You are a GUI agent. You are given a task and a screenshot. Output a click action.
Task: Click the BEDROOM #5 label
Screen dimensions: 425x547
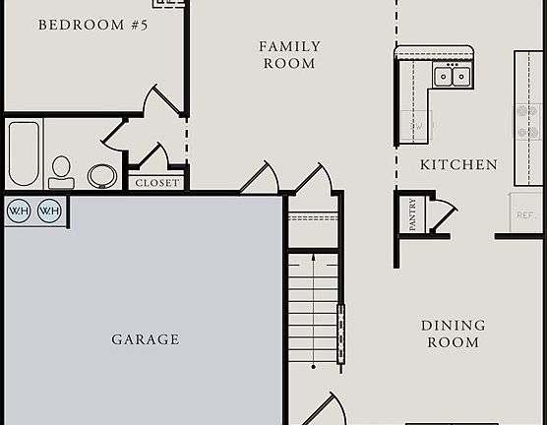tap(92, 25)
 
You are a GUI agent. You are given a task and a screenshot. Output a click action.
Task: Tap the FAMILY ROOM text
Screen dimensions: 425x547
tap(288, 55)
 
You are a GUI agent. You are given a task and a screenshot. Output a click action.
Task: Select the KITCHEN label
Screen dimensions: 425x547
tap(458, 165)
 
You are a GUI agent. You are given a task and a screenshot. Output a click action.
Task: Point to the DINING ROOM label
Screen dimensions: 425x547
tap(453, 334)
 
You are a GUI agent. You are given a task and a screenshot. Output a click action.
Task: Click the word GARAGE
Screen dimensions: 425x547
tap(146, 339)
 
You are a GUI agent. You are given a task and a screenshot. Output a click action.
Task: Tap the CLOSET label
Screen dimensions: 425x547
tap(157, 183)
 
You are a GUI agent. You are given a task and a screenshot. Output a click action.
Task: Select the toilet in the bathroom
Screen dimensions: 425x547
tap(62, 171)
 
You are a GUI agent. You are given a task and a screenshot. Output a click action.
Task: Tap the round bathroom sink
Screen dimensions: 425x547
tap(101, 176)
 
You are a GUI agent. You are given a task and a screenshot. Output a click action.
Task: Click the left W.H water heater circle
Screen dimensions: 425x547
tap(19, 211)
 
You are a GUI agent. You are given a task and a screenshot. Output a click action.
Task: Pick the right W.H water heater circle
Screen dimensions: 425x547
tap(49, 211)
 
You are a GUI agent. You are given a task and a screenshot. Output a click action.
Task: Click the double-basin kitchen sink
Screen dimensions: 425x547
tap(453, 76)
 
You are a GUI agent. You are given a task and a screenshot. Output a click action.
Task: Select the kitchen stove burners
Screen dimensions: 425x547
tap(529, 120)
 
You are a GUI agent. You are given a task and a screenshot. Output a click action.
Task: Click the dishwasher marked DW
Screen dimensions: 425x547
tap(415, 126)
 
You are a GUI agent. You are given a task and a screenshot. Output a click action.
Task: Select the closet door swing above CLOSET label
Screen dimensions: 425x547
tap(152, 157)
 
